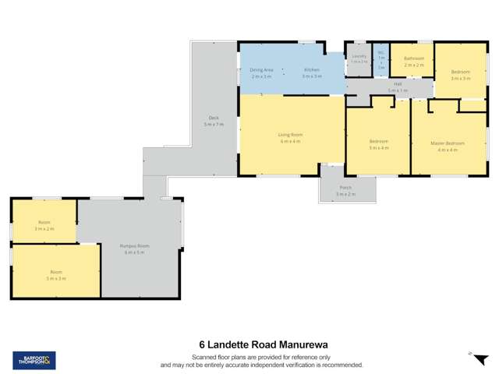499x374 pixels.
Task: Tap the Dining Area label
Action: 261,70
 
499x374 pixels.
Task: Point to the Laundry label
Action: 359,56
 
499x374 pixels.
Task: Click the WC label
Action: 381,55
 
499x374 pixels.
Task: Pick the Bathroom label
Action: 413,58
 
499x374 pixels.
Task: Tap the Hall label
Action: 398,83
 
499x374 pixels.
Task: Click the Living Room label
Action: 290,135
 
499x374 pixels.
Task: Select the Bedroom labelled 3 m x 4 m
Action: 379,141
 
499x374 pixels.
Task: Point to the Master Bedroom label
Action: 448,143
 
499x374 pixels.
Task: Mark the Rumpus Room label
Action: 135,246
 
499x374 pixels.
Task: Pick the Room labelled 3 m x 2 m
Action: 44,222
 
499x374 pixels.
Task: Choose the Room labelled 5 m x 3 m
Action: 55,272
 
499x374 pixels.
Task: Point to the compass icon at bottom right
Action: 470,353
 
